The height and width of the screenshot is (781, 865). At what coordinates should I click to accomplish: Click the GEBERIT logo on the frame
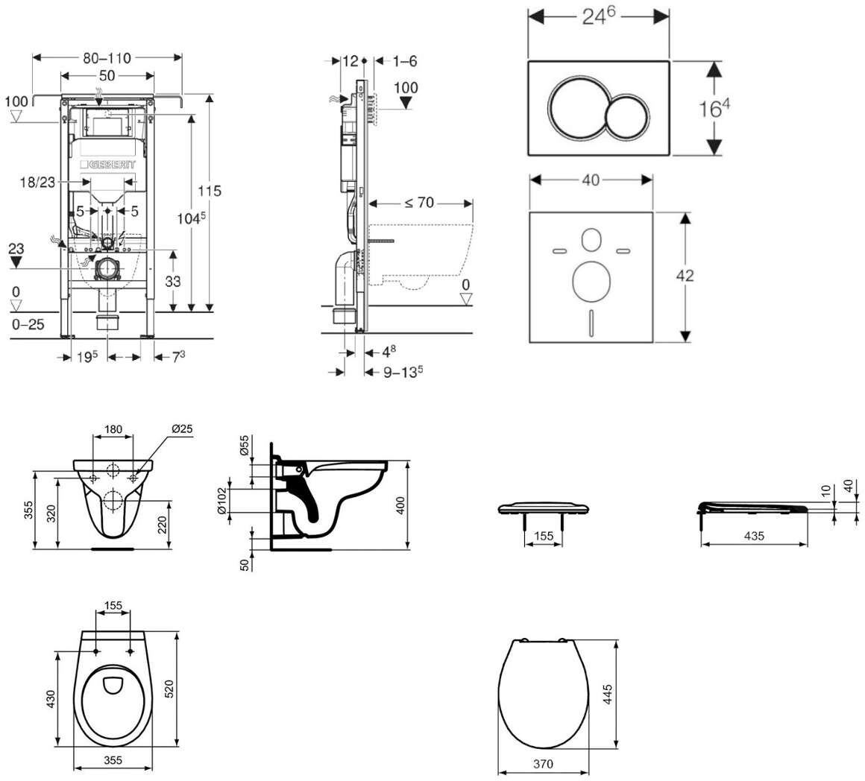[107, 164]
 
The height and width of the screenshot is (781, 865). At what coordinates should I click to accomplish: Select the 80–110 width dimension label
[107, 58]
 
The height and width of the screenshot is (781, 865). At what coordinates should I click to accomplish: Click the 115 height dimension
[210, 191]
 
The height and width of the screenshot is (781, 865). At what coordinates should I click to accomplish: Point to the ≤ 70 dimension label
[419, 203]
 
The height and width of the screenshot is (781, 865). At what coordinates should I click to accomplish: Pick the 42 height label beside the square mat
[685, 275]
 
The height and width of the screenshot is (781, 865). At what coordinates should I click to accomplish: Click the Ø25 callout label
[182, 429]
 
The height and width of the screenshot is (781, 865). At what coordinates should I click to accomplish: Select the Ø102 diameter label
[222, 501]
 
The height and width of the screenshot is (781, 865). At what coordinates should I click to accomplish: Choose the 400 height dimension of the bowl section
[400, 505]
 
